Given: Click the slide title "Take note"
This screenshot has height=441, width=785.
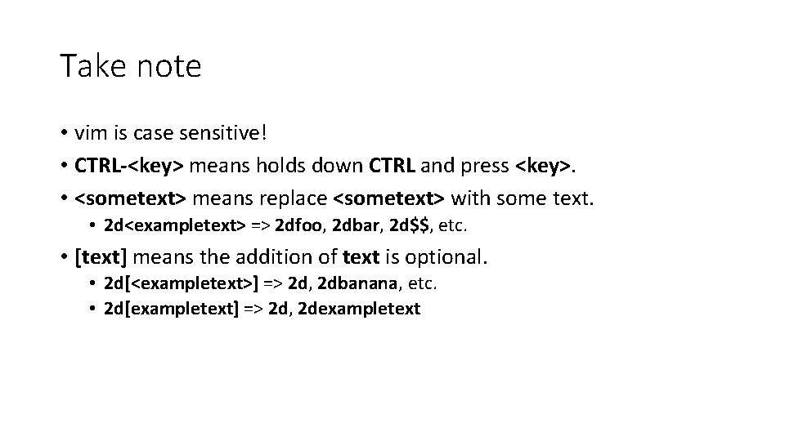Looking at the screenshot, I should (x=130, y=66).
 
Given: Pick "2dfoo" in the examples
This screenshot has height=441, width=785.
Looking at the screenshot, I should (x=300, y=226).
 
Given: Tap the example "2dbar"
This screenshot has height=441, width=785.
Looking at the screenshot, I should (x=355, y=226).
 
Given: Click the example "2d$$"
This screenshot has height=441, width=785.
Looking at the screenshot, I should (x=408, y=226).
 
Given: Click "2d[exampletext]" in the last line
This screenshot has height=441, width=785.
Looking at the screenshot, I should (x=173, y=309).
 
